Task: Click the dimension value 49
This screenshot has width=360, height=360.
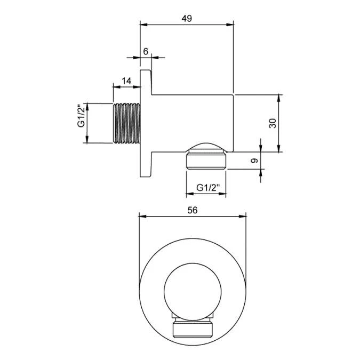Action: pos(186,18)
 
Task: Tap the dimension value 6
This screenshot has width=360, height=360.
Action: pos(145,51)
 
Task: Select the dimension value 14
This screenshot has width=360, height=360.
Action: pos(126,81)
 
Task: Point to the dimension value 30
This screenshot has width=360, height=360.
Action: pos(272,123)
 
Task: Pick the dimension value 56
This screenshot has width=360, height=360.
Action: pos(193,210)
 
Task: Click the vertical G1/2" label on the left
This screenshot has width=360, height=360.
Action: pos(81,116)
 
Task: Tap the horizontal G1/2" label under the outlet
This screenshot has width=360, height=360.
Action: pos(207,187)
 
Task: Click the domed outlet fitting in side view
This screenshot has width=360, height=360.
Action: pos(206,158)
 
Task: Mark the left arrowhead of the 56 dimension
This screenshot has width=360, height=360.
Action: pos(142,216)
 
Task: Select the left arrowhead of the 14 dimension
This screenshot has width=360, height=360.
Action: pos(116,86)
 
